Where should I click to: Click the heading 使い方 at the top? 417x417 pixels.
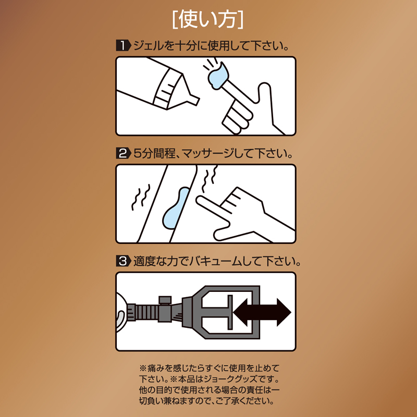207,20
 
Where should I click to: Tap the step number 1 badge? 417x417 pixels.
123,45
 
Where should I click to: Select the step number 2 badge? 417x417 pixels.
123,153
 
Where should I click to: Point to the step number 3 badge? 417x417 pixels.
123,261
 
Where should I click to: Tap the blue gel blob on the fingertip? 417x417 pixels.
218,75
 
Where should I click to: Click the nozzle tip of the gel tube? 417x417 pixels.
196,100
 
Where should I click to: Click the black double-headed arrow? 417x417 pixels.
262,312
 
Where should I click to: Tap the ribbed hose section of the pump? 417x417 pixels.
147,313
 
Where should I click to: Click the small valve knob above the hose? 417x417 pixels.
165,300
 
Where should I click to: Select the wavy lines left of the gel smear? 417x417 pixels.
141,197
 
